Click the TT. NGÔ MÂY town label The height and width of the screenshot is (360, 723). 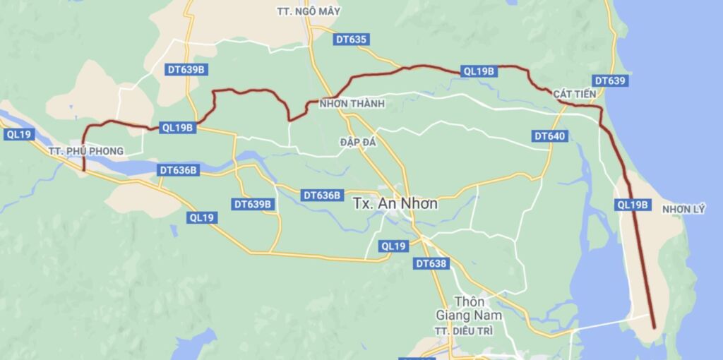coord(304,11)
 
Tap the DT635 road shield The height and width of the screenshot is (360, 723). coord(352,40)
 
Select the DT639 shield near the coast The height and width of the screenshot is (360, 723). coord(609,81)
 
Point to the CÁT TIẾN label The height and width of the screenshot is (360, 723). coord(575,94)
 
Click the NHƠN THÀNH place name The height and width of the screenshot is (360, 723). coord(352,104)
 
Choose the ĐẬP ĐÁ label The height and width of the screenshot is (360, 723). coord(358,142)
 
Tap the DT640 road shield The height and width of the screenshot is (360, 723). coord(549,136)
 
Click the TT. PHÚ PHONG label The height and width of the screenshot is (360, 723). coord(86,151)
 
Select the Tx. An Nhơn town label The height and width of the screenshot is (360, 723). coord(395,203)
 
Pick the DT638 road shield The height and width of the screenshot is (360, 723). coord(431,263)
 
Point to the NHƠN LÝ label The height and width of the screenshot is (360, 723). coord(683,209)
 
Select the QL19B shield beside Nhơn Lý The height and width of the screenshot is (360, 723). coord(632,205)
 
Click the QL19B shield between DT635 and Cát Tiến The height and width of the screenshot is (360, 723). coord(479,71)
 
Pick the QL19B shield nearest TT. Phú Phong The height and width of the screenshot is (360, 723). coord(177,128)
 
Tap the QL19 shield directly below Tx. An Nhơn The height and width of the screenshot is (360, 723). coord(393,246)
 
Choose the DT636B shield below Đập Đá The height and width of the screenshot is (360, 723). coord(322,195)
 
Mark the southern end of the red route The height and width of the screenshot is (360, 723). coord(655,328)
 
